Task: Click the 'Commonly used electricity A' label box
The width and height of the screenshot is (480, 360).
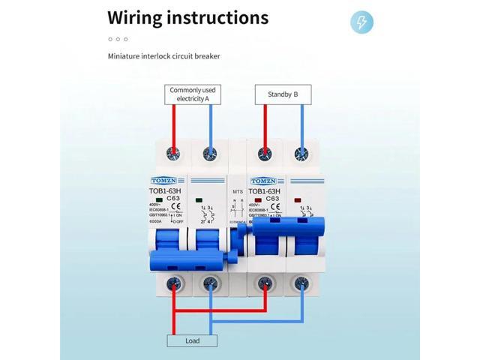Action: (192, 94)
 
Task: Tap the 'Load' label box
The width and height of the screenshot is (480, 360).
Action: (192, 340)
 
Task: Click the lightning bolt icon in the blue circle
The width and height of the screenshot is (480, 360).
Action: (361, 22)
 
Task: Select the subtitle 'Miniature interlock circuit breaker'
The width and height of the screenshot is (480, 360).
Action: (163, 56)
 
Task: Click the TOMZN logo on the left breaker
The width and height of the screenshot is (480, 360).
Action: (166, 181)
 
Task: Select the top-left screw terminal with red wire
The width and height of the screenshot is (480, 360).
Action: (173, 154)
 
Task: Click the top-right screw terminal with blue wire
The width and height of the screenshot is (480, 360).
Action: (302, 154)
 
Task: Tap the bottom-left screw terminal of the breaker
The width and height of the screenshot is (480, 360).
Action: (173, 283)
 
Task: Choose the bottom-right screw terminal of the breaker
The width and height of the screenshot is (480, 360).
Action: (302, 283)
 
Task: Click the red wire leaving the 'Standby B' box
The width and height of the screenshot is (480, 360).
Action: (264, 124)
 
